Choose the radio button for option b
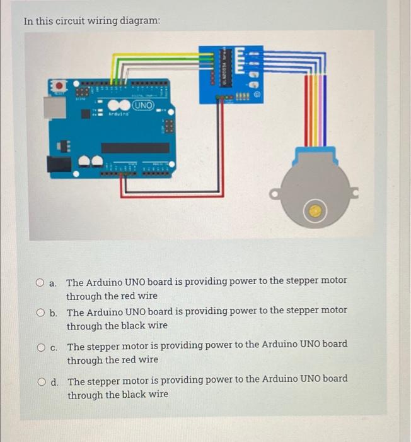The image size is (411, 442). tap(40, 312)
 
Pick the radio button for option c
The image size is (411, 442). tap(40, 346)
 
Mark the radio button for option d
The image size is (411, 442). tap(40, 381)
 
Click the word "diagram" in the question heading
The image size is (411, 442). tap(139, 21)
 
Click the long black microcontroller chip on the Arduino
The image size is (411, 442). tap(135, 148)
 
